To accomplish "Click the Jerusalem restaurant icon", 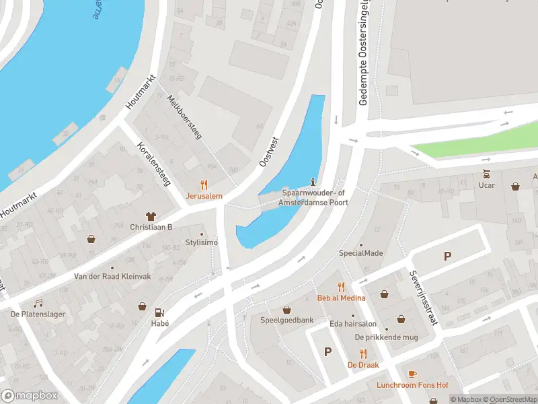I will tap(204, 184).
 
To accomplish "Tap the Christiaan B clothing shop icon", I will tap(151, 216).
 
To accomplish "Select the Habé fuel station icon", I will tap(159, 312).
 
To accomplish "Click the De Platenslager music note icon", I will tap(38, 303).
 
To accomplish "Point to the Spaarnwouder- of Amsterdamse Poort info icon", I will tap(313, 180).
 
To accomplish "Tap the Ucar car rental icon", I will tap(486, 174).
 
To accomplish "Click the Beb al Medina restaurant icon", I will tap(341, 286).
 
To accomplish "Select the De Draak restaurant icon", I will tap(363, 353).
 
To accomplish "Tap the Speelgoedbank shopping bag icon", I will tap(287, 310).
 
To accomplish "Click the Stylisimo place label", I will tap(202, 243).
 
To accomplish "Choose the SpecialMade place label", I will tap(360, 253).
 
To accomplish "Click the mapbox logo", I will tap(28, 396).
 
